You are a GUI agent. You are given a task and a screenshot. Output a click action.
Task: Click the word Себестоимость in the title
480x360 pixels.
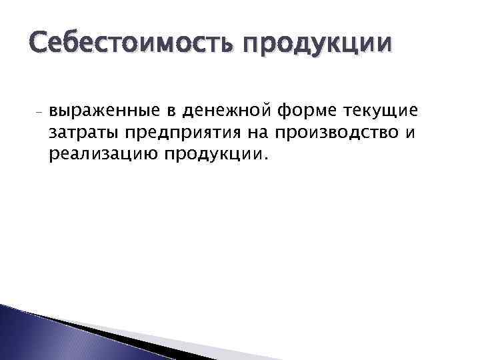[x=127, y=44]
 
